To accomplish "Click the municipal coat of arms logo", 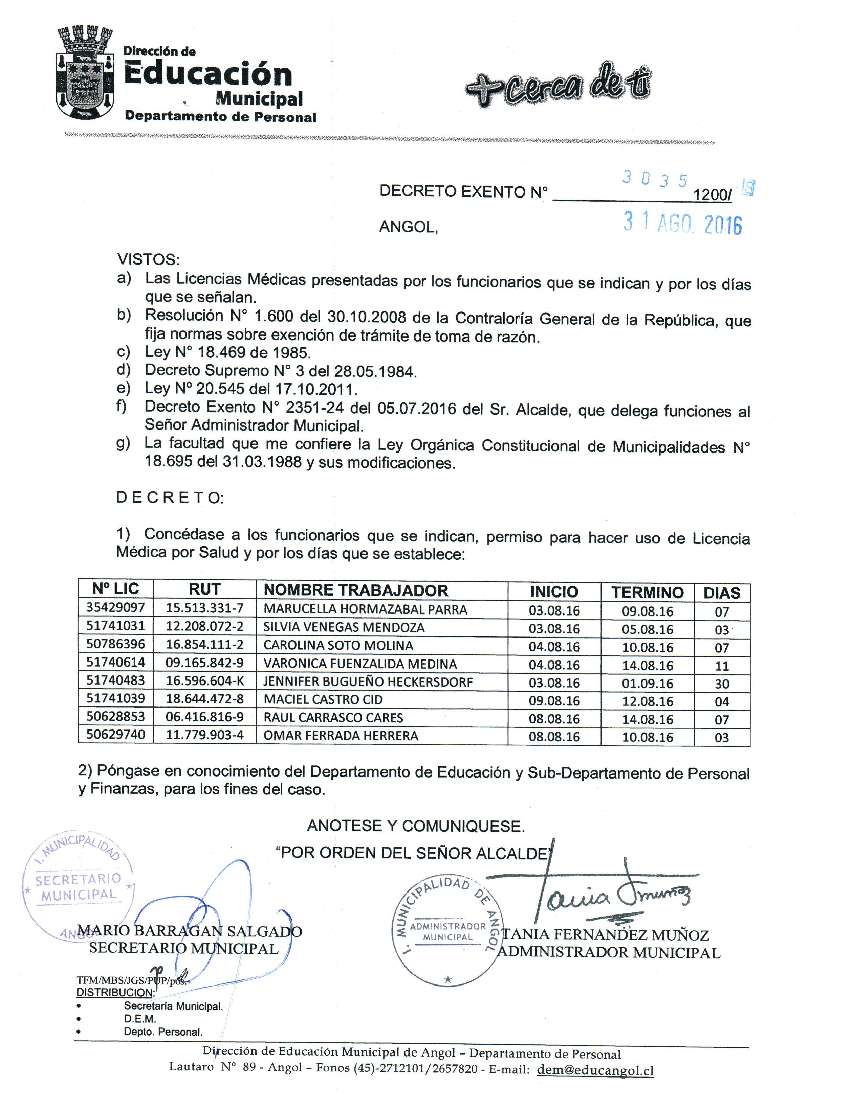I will (84, 74).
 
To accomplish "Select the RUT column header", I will (204, 589).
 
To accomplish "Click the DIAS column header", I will (722, 593).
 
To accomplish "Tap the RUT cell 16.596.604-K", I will (204, 681).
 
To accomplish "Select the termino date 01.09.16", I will (647, 683).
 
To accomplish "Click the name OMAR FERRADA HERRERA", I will (341, 736).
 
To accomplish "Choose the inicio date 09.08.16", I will (554, 701).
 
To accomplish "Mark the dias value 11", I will (722, 666).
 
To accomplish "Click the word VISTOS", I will (148, 260).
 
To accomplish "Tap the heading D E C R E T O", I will (169, 497).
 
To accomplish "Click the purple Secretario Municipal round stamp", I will (78, 886).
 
